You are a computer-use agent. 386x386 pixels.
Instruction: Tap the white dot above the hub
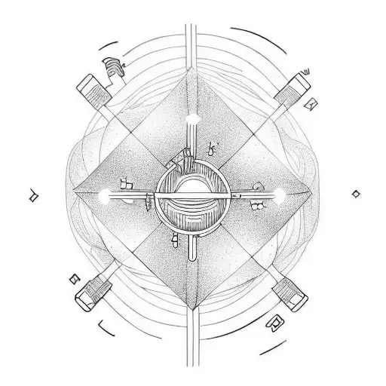click(192, 117)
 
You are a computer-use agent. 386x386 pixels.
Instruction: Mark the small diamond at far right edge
click(355, 194)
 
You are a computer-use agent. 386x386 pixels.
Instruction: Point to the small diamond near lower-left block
click(73, 279)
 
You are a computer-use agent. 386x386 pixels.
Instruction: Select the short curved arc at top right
click(260, 38)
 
